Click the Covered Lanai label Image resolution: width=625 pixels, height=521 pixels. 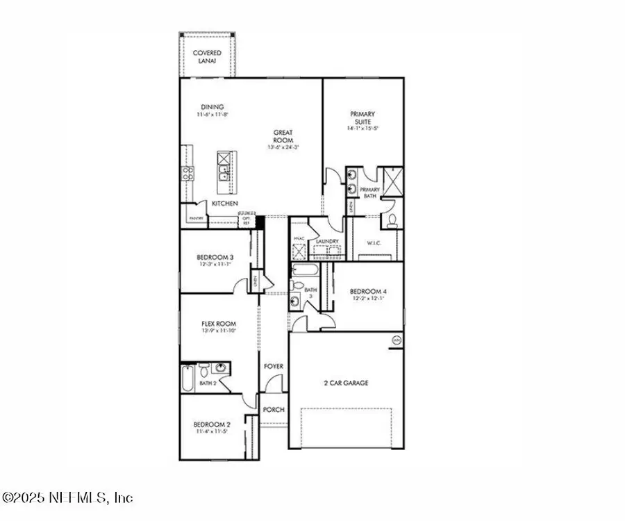(x=208, y=57)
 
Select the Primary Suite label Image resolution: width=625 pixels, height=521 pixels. (x=362, y=118)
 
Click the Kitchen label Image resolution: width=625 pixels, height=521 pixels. (x=226, y=204)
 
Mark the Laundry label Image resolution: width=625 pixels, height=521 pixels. (x=326, y=242)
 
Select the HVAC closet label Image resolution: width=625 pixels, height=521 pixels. (x=297, y=238)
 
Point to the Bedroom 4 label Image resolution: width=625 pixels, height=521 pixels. (x=367, y=291)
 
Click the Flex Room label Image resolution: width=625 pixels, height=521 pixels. (x=218, y=324)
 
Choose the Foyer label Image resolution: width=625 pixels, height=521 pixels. (x=273, y=366)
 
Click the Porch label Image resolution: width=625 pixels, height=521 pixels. (x=274, y=409)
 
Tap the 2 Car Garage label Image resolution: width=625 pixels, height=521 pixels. (x=345, y=383)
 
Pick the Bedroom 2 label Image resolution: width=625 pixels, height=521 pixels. (x=212, y=424)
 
